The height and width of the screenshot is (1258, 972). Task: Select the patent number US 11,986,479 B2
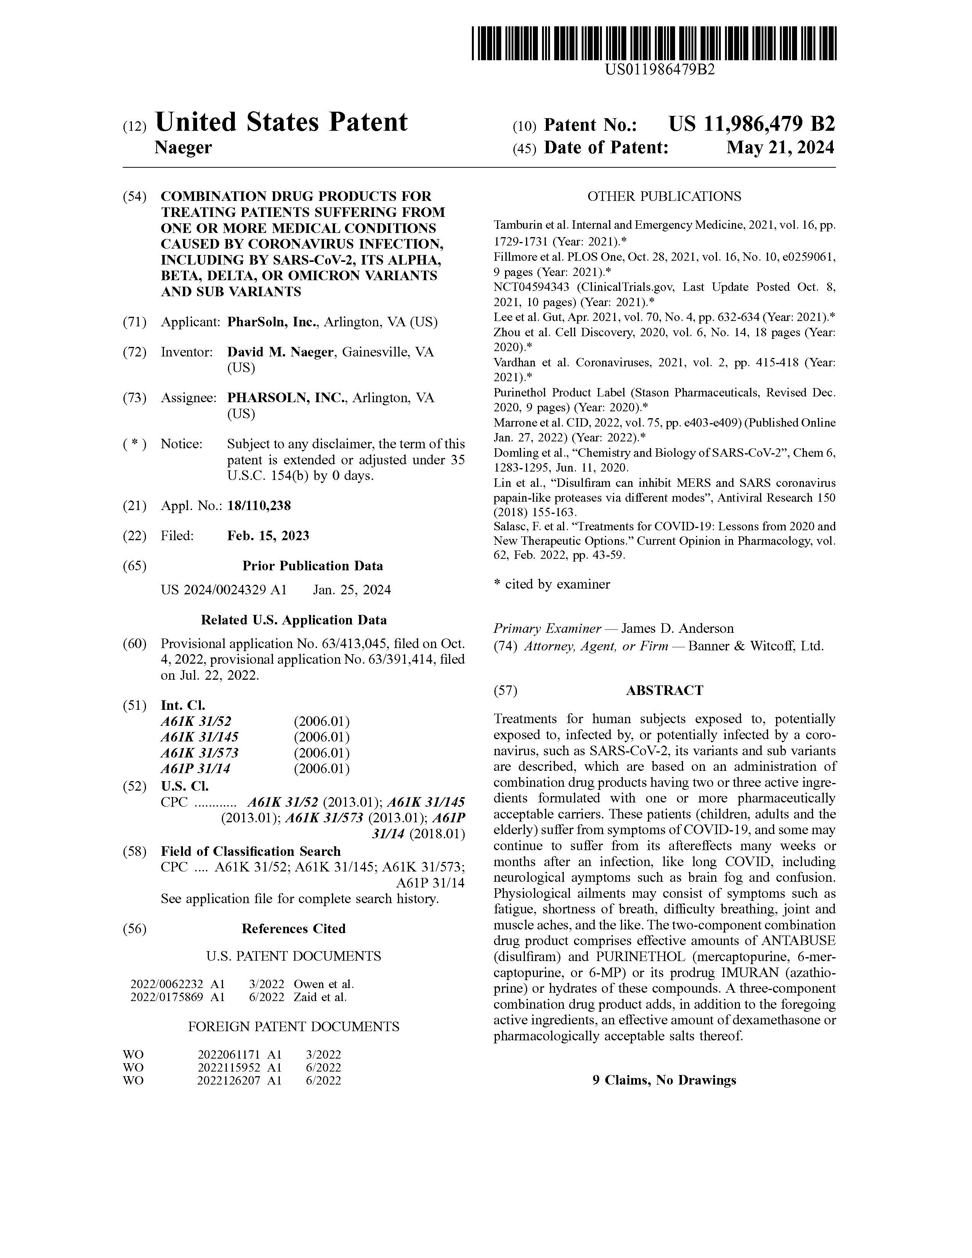pos(751,124)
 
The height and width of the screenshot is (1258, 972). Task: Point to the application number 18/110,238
pos(259,506)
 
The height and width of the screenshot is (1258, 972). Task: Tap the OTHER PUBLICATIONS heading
pos(664,196)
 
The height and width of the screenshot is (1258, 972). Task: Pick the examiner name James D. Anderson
pos(678,628)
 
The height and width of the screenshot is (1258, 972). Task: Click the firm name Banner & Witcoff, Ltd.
pos(755,646)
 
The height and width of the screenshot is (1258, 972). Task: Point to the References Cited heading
pos(294,929)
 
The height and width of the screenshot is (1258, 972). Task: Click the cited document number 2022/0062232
pos(167,984)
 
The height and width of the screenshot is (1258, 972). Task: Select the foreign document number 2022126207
pos(230,1081)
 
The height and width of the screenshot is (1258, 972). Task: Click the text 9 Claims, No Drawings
pos(664,1080)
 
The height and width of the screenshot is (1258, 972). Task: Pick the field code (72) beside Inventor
pos(135,352)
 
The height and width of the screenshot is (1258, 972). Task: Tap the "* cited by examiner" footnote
pos(552,584)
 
